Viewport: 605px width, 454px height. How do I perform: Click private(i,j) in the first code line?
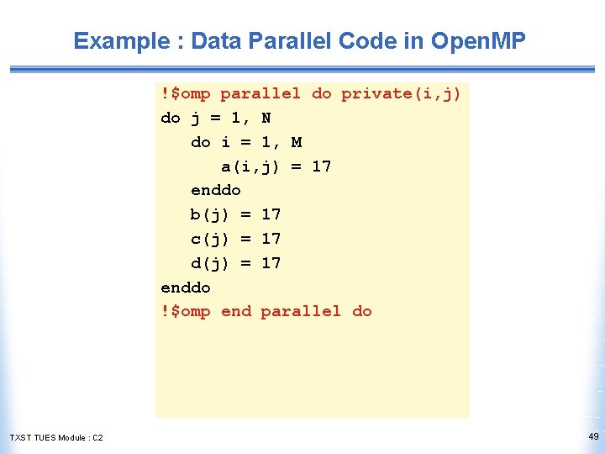pos(401,93)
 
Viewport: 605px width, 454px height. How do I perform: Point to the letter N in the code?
pos(266,118)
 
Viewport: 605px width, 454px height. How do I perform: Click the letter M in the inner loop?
pos(297,142)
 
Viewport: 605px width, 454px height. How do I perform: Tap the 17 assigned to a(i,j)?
pos(321,166)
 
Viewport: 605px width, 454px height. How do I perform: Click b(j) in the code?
pos(210,214)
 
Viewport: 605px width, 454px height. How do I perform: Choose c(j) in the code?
pos(210,239)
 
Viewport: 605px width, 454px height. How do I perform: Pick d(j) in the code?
pos(210,263)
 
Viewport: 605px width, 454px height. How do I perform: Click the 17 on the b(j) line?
pos(271,214)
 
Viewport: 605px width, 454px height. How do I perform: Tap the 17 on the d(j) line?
pos(271,263)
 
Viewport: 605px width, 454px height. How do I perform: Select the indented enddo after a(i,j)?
pos(216,190)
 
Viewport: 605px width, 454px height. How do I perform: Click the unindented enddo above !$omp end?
pos(186,288)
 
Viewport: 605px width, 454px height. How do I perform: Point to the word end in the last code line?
pos(236,311)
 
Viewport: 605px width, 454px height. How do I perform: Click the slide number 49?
pos(593,436)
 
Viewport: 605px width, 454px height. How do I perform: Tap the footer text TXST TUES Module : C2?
pos(56,437)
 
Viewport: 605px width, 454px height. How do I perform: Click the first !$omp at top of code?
pos(186,93)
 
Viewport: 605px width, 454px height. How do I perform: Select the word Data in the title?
pos(217,40)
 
